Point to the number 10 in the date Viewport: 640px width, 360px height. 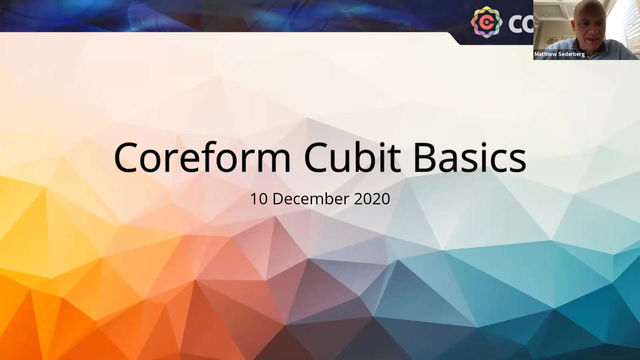click(259, 199)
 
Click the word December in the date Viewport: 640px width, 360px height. click(312, 199)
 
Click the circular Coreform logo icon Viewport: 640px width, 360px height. click(486, 21)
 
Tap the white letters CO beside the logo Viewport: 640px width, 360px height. click(518, 21)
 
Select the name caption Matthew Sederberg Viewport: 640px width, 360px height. click(560, 53)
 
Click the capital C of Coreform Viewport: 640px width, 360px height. click(127, 158)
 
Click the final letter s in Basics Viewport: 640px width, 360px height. click(517, 160)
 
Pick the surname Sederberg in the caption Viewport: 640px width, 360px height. click(571, 53)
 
